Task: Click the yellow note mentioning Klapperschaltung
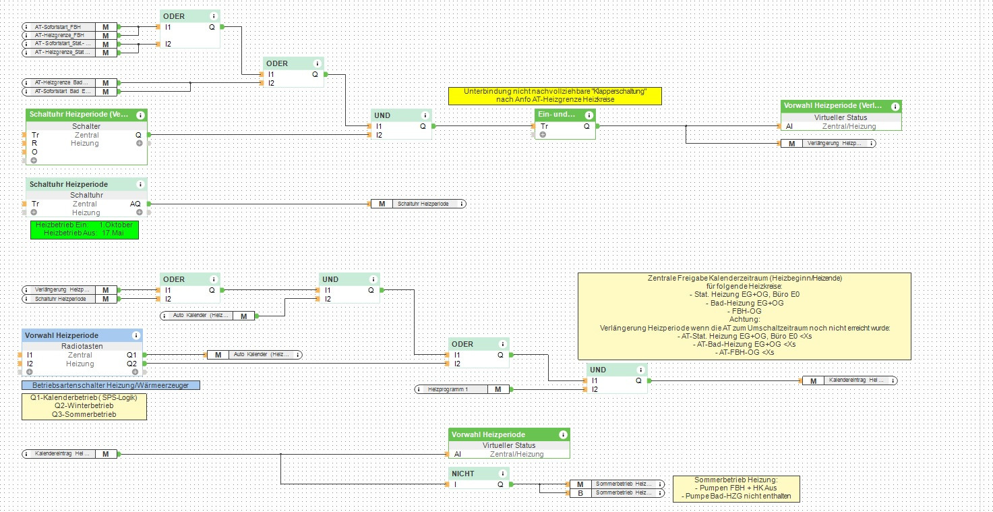(x=555, y=95)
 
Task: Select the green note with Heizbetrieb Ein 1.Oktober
(x=84, y=229)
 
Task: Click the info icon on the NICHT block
(x=502, y=474)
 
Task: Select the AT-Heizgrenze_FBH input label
(x=60, y=35)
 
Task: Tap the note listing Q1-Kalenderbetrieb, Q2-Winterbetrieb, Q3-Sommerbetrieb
(x=84, y=406)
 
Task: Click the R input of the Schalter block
(x=34, y=143)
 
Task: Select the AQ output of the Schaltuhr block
(x=135, y=204)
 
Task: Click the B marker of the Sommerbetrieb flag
(x=580, y=493)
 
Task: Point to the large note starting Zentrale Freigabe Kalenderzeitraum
(x=744, y=315)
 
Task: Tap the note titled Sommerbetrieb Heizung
(x=736, y=488)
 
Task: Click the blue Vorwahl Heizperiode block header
(x=74, y=335)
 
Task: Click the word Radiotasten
(x=85, y=346)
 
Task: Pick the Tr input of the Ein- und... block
(x=545, y=126)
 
